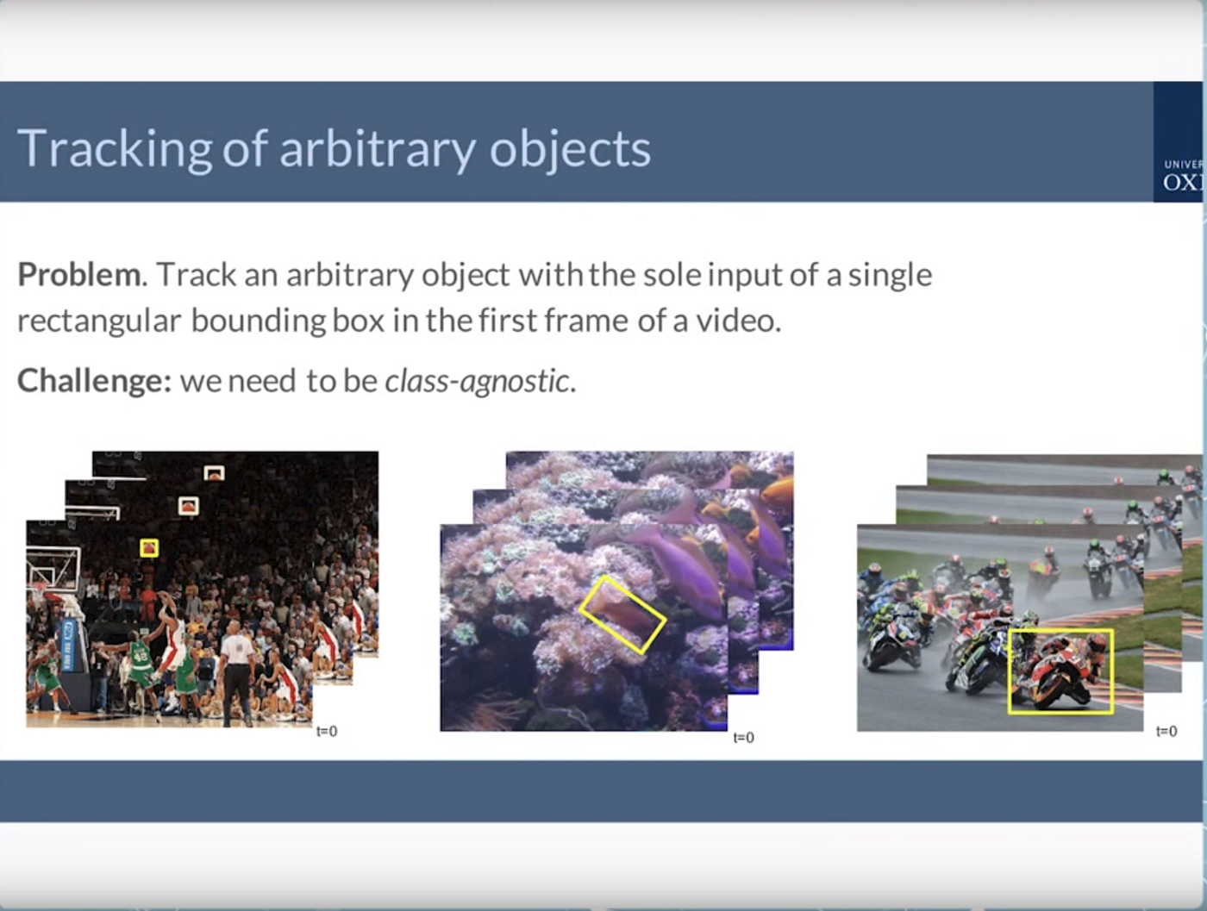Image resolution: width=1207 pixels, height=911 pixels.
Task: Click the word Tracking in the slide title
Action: pos(114,149)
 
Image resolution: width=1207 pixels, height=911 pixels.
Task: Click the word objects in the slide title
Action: pos(570,149)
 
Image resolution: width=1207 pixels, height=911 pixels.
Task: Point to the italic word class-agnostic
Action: pos(477,380)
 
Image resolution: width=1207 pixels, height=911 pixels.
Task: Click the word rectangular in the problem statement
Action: pos(99,321)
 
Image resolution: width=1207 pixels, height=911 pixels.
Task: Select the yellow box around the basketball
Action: pos(149,548)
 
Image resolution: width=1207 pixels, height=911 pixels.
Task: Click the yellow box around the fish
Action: pos(622,614)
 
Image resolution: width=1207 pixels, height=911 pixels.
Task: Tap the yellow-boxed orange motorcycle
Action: pos(1060,671)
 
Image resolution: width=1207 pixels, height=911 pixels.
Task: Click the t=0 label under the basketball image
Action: pos(327,732)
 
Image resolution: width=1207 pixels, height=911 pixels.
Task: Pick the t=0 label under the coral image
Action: pos(743,738)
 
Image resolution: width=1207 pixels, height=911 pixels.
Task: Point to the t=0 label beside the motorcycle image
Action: pos(1166,732)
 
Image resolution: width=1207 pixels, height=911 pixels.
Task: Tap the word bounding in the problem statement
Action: pos(258,321)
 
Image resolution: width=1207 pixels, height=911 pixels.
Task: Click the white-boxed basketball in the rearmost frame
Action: pos(214,473)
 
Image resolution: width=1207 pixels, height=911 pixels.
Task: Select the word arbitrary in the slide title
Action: pos(377,149)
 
